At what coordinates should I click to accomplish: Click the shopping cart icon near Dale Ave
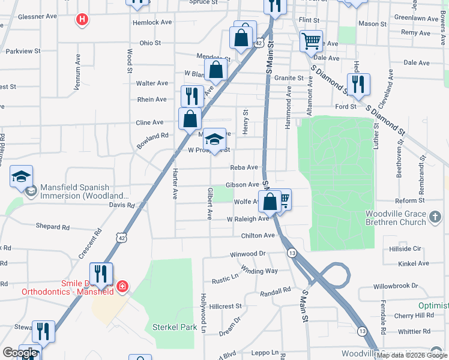pos(311,41)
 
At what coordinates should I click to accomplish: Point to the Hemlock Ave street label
pos(152,22)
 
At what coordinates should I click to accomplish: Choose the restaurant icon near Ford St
pos(358,84)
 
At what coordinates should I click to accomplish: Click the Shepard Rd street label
pos(53,227)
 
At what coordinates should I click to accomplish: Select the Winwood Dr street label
pos(248,254)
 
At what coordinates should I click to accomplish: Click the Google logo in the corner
pos(20,353)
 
